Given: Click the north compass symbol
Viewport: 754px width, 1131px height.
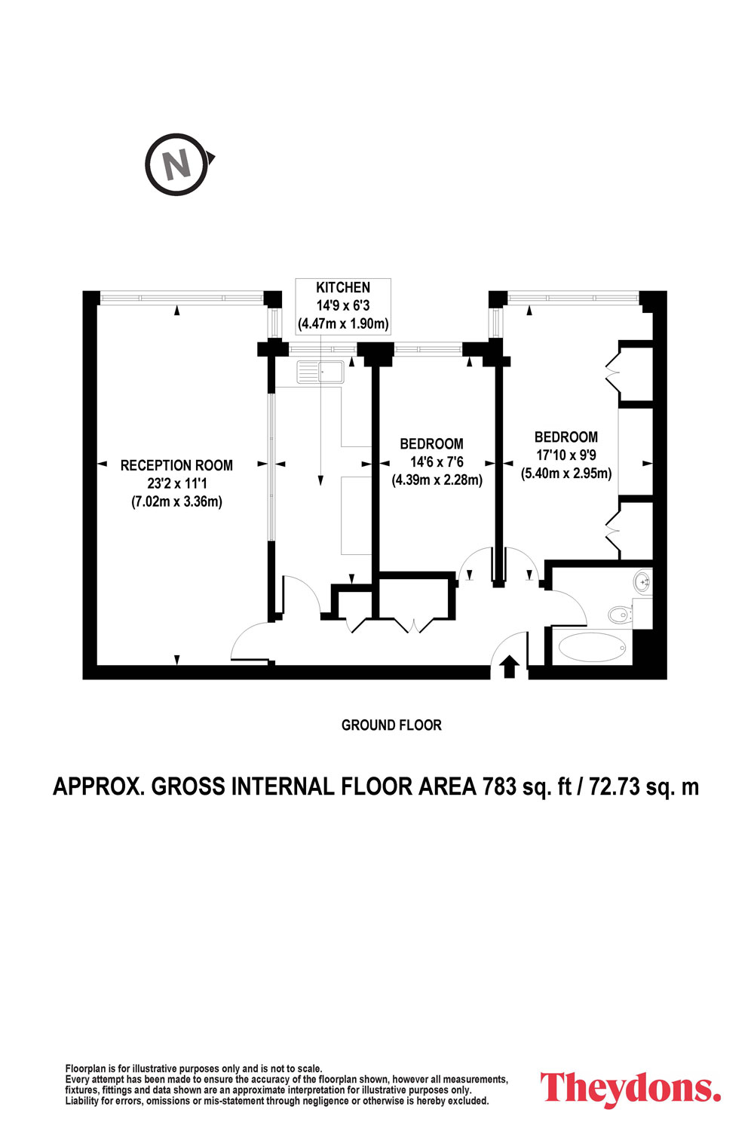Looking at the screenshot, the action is [x=177, y=164].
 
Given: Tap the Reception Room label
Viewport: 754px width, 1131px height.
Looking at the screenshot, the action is [x=176, y=465].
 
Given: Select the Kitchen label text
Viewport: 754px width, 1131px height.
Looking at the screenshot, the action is [x=343, y=288].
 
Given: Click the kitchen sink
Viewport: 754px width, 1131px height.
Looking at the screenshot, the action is [x=320, y=372].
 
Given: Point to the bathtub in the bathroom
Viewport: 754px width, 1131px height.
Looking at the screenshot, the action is [x=592, y=647].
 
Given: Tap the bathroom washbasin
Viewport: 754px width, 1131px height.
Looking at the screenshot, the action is [x=643, y=581].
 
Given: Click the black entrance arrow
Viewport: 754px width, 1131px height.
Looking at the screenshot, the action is [x=510, y=667].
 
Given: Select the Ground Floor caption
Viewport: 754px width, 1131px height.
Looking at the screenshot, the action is [x=391, y=725].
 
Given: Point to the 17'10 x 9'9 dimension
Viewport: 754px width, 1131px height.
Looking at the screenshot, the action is [x=566, y=455].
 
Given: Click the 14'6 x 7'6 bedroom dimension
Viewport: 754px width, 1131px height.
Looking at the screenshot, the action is [x=437, y=462].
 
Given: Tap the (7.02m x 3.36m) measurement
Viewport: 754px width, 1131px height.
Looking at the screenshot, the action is [x=176, y=502].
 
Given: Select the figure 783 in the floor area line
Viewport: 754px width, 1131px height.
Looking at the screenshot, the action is [x=500, y=786].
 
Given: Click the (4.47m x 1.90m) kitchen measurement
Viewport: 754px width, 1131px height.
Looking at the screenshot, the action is [x=343, y=323].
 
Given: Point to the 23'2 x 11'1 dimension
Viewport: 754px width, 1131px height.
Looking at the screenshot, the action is [x=176, y=484].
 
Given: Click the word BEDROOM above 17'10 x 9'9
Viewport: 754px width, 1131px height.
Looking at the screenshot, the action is [x=566, y=437].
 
